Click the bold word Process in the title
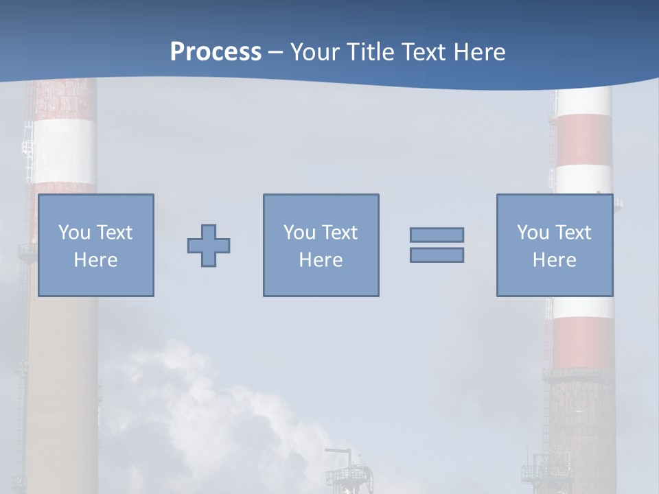point(216,52)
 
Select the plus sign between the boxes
point(209,245)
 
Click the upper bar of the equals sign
point(437,235)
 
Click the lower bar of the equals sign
point(437,255)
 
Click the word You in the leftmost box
point(74,233)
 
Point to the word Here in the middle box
point(321,260)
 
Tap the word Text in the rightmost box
point(573,233)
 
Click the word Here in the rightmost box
point(555,260)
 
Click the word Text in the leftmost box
point(115,233)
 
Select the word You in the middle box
point(299,233)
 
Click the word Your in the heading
point(314,52)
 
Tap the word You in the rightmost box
point(533,233)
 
